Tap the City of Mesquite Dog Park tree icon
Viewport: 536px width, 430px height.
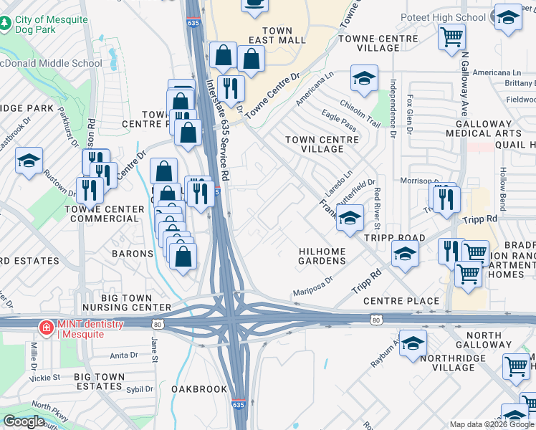(6, 24)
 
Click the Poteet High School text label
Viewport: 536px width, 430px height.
(450, 17)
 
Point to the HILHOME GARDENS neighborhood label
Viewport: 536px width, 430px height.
(322, 256)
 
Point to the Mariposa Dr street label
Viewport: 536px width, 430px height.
(313, 287)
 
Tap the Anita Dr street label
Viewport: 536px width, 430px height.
(123, 355)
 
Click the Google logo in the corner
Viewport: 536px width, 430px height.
(24, 421)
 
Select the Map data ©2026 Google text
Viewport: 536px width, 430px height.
(492, 424)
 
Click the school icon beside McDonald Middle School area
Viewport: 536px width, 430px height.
(29, 161)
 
